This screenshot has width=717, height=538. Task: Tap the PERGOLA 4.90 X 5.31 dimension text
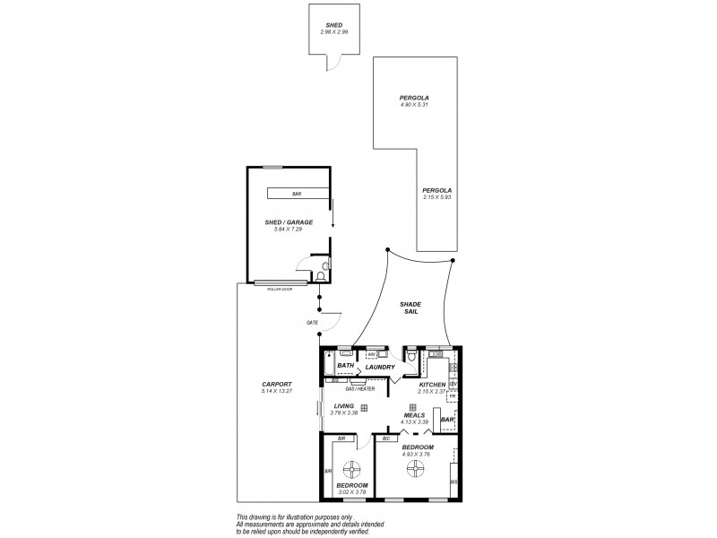[414, 105]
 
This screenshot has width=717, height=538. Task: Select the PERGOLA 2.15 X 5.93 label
[437, 197]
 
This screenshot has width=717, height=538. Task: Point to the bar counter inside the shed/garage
[297, 194]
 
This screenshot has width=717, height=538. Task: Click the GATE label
[313, 321]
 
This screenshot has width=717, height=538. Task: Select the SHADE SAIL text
[410, 309]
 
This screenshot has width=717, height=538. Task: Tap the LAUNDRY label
[381, 367]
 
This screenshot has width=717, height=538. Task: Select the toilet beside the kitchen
[410, 357]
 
